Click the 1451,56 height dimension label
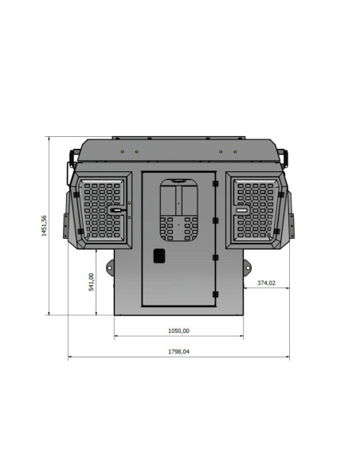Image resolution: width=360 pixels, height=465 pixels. coord(44,225)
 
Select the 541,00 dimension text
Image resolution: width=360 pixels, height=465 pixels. coord(92,282)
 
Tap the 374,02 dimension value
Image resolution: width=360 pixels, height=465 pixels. coord(266,283)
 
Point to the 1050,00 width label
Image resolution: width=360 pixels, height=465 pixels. coord(178,330)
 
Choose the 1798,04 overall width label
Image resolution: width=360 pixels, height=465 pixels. coord(178,352)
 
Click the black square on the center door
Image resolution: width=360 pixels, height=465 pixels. coord(159,256)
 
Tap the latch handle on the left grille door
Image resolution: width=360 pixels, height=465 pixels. coord(116,210)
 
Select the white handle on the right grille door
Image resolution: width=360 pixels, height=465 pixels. coord(241,210)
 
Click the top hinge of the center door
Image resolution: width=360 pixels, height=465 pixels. coord(215,184)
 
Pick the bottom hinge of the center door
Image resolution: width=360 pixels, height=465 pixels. coord(215,294)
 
